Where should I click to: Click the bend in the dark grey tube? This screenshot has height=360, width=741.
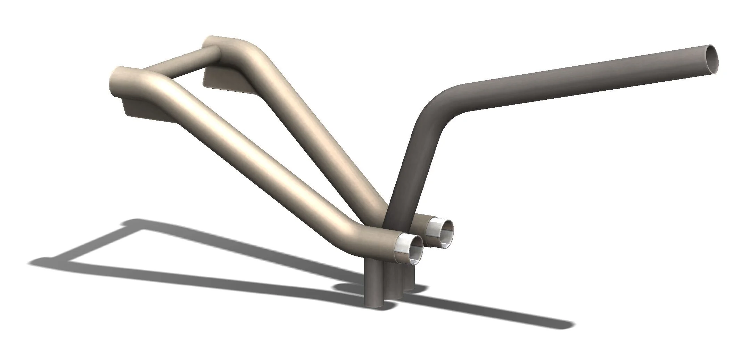(x=438, y=104)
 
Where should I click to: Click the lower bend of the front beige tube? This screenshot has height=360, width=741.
(x=361, y=231)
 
